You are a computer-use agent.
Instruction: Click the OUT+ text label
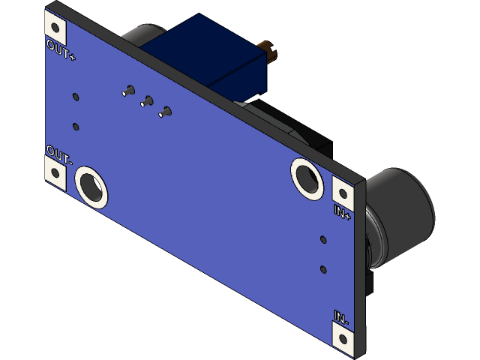pyautogui.click(x=61, y=52)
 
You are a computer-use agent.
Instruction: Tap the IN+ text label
pyautogui.click(x=342, y=211)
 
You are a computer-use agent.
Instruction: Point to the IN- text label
pyautogui.click(x=340, y=318)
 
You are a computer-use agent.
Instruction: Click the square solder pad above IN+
pyautogui.click(x=342, y=189)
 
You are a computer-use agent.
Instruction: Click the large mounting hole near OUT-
pyautogui.click(x=91, y=184)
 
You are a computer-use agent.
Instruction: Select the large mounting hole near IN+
pyautogui.click(x=307, y=178)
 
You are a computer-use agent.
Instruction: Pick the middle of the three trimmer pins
pyautogui.click(x=147, y=101)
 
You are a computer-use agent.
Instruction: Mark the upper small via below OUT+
pyautogui.click(x=76, y=97)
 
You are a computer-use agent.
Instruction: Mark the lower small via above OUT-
pyautogui.click(x=76, y=126)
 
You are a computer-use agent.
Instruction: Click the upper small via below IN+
pyautogui.click(x=323, y=240)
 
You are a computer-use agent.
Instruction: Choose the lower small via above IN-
pyautogui.click(x=323, y=268)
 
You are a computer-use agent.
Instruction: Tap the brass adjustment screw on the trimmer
pyautogui.click(x=269, y=52)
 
